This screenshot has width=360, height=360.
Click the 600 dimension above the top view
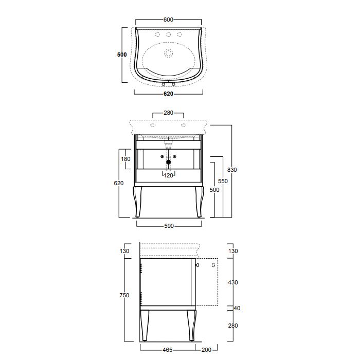[168, 20]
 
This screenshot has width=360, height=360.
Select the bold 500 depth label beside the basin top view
[122, 55]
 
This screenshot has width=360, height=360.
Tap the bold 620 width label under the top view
[168, 94]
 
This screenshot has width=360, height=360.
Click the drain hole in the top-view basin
[168, 53]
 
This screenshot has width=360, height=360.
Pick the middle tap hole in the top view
[169, 34]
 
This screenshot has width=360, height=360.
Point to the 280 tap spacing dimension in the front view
[168, 113]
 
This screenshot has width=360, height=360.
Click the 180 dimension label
[125, 159]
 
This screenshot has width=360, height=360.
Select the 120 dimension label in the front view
[168, 175]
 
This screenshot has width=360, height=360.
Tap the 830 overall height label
[232, 170]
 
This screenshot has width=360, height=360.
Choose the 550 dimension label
[223, 181]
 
